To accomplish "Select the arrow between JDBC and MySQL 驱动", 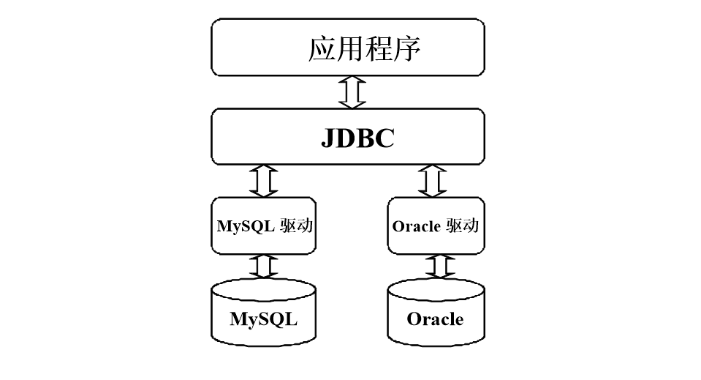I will click(x=264, y=181).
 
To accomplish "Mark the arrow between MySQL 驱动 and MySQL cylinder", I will click(x=264, y=267).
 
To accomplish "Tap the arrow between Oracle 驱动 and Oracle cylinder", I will click(x=436, y=267).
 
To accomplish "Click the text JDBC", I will click(x=357, y=138).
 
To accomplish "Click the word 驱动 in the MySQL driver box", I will click(x=297, y=226).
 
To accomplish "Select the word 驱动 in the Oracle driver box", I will click(x=462, y=226).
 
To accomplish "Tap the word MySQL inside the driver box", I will click(x=246, y=226).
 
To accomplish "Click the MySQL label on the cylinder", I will click(x=264, y=319).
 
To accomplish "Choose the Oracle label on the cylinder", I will click(x=435, y=319).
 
